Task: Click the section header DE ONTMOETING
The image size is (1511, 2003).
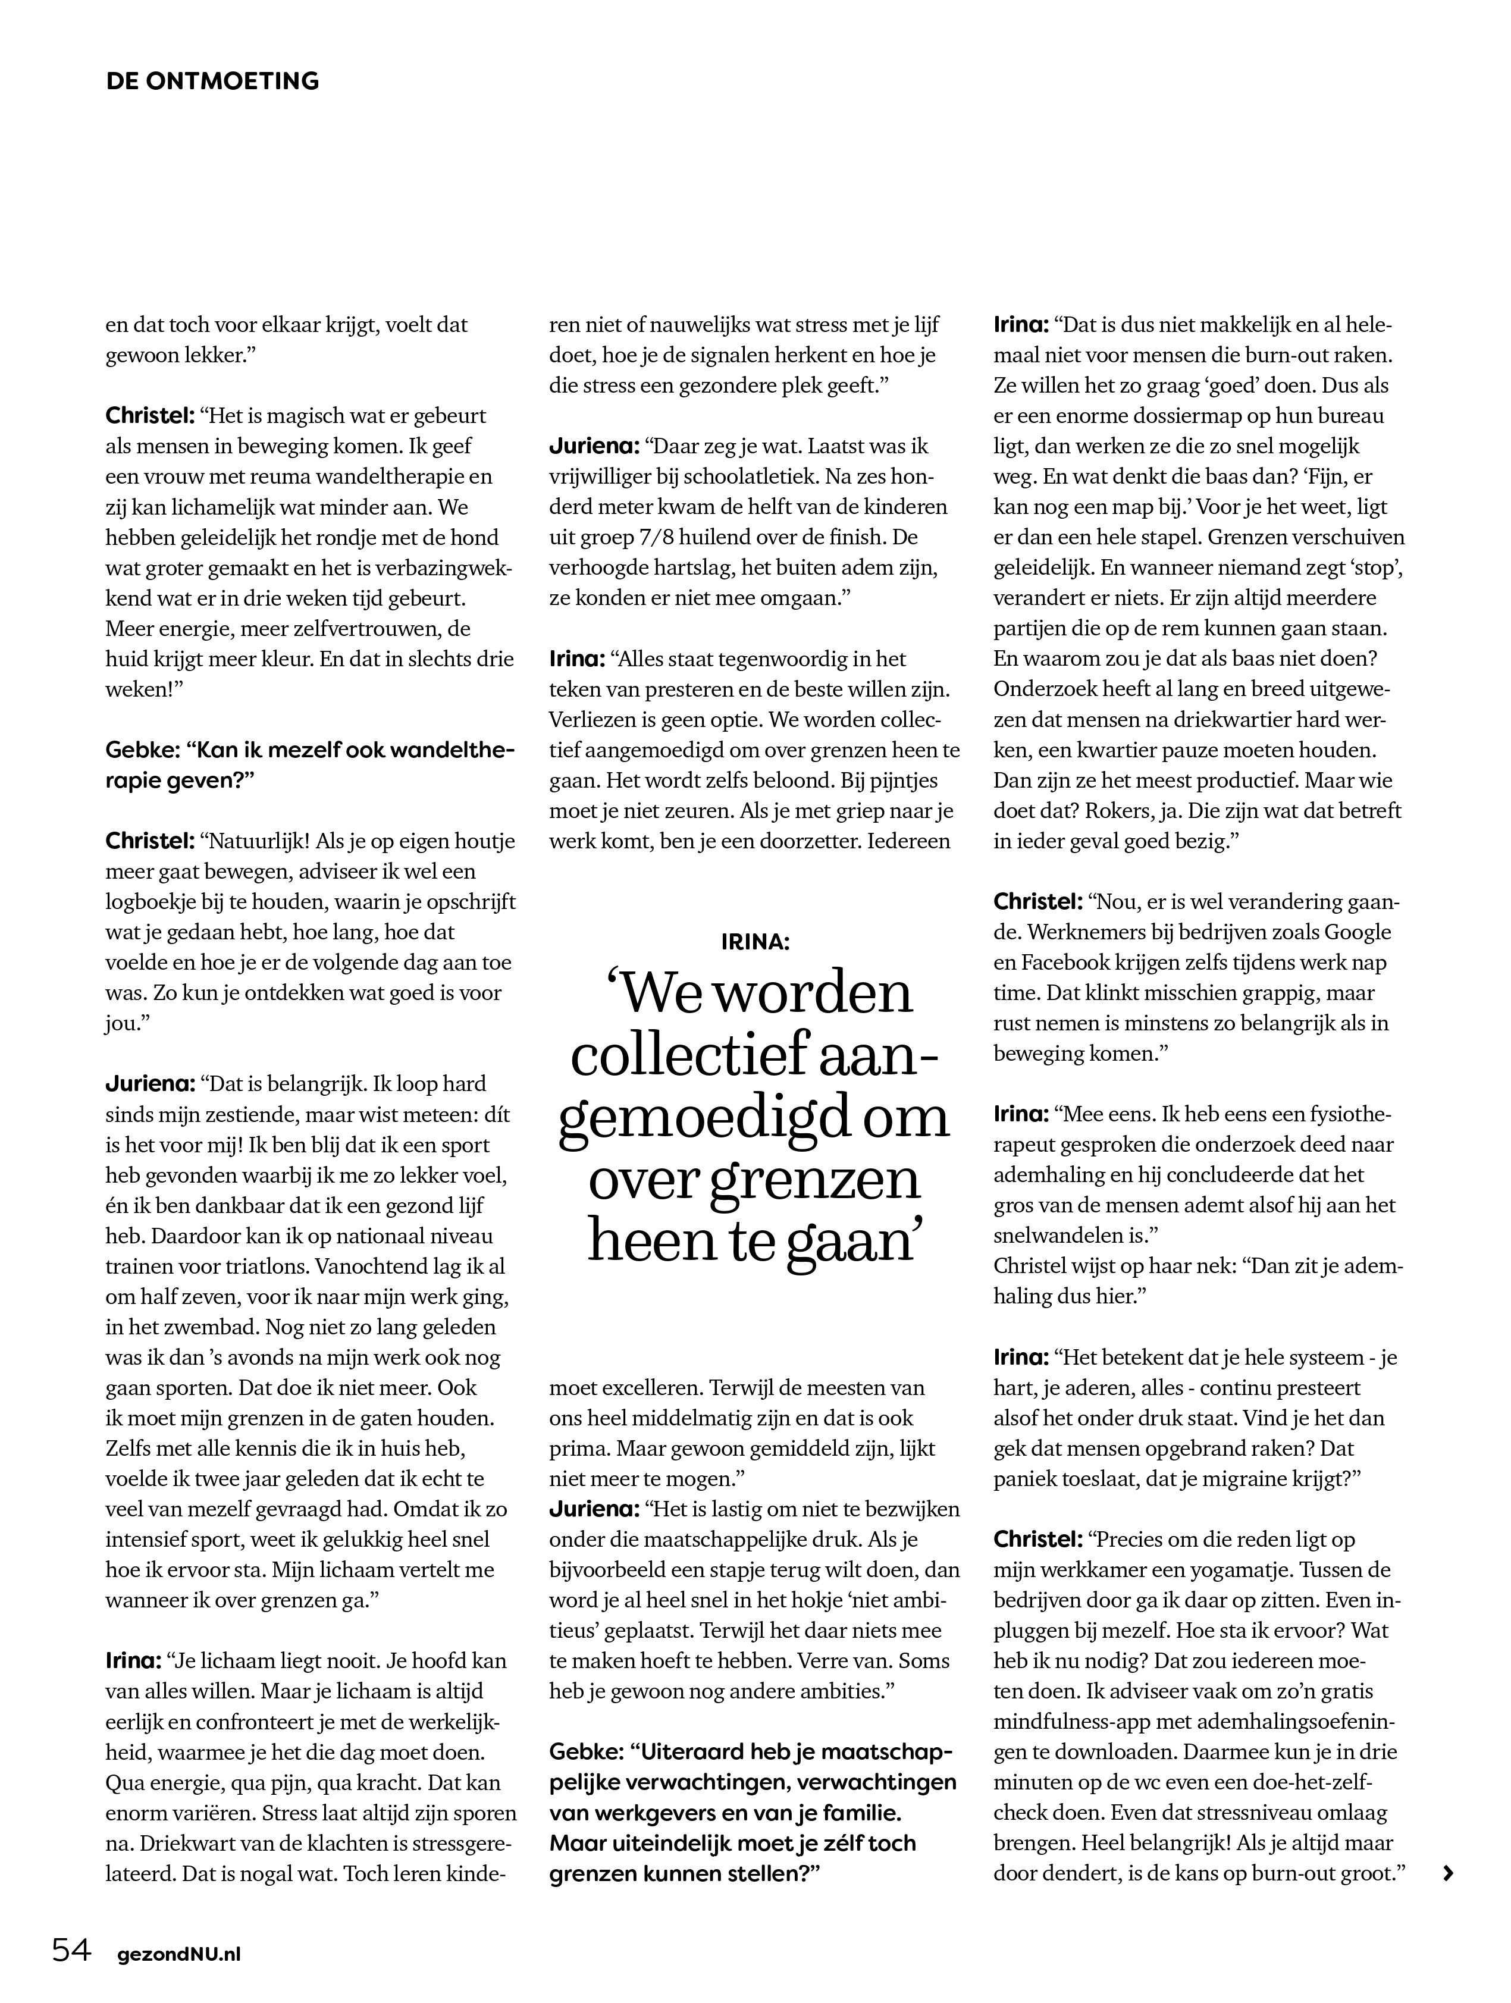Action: (213, 82)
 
